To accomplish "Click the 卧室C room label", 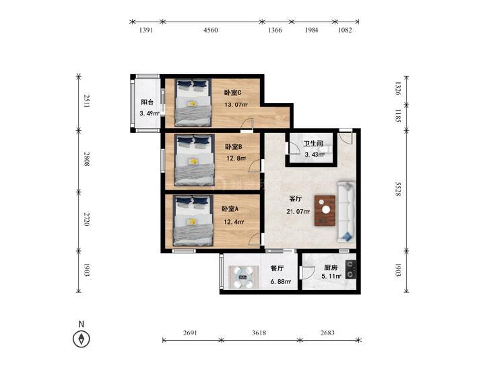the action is click(x=232, y=92).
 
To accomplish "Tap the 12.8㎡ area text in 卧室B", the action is click(x=236, y=159).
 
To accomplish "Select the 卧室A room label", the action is click(x=230, y=209).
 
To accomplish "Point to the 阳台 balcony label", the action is click(x=148, y=103).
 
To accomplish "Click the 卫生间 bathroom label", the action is click(x=313, y=144).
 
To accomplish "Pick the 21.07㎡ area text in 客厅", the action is click(x=298, y=212).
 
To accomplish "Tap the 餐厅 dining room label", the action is click(x=277, y=268).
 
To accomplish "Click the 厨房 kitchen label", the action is click(x=331, y=268).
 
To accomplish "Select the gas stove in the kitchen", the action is click(x=350, y=270).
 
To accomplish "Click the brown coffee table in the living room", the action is click(x=325, y=210).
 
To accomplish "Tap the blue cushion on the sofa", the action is click(x=346, y=237).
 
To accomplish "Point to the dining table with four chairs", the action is click(x=243, y=277).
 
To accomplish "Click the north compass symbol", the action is click(x=81, y=339).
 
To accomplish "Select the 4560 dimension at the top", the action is click(x=210, y=30).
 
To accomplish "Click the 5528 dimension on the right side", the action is click(x=398, y=189).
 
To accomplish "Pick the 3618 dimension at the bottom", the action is click(x=259, y=333).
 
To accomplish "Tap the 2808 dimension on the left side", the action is click(x=87, y=159).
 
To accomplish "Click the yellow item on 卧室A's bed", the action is click(x=192, y=222).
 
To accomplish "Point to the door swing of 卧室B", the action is click(x=255, y=166).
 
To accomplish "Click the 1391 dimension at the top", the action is click(x=145, y=30).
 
